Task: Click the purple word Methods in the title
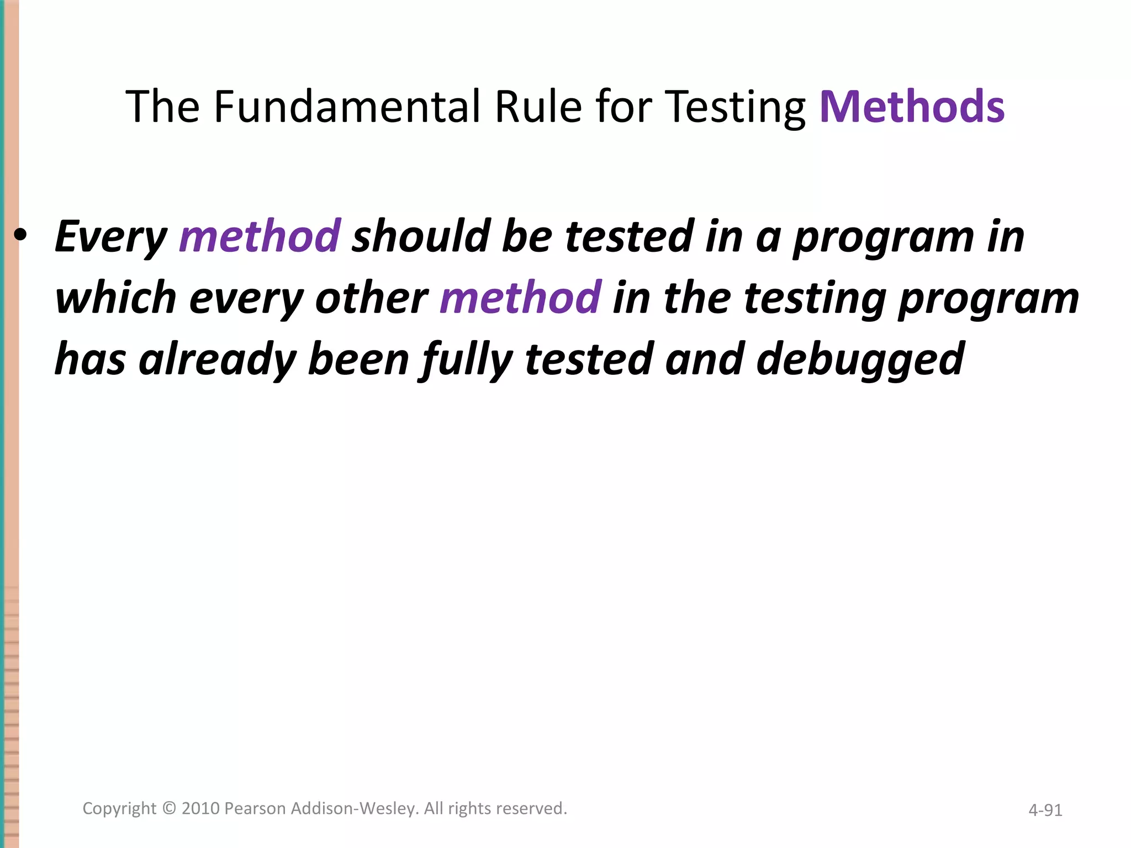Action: coord(912,107)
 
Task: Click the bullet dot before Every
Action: coord(21,236)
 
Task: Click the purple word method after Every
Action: coord(260,236)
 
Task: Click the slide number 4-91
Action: coord(1045,810)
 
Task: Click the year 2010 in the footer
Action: coord(201,808)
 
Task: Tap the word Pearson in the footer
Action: coord(255,808)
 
